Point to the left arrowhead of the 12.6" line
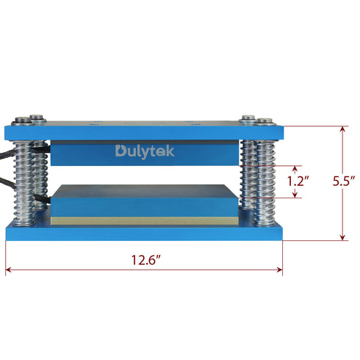(x=8, y=270)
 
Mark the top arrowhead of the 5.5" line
(x=342, y=128)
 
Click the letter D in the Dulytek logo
(x=120, y=151)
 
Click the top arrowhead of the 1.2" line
(x=295, y=168)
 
